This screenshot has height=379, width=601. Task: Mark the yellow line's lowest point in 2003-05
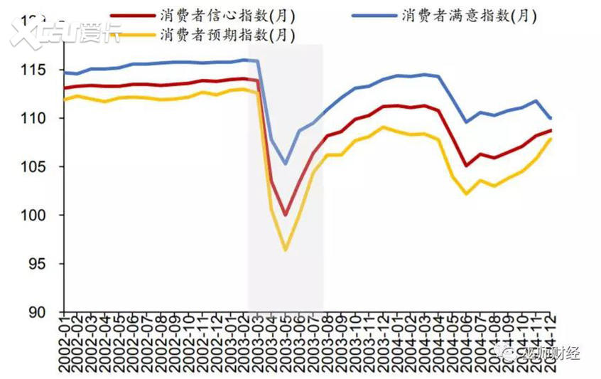coord(286,250)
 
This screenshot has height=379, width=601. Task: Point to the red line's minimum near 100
coord(286,215)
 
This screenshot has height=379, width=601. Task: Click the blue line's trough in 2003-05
coord(286,164)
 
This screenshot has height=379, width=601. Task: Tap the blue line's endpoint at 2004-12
coord(551,118)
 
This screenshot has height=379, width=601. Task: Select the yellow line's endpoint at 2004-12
coord(551,139)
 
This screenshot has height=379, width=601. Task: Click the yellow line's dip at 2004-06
coord(467,193)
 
